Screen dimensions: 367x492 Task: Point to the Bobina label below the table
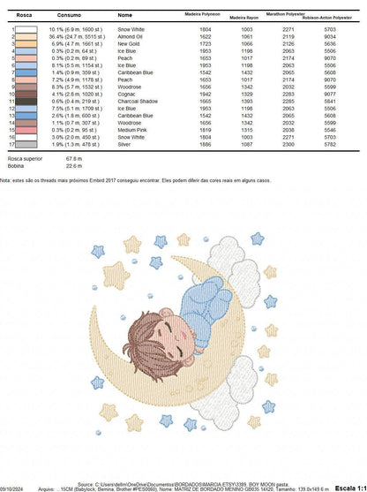pos(15,164)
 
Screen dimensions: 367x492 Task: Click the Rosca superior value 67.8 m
pos(74,158)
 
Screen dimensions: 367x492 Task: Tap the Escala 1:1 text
pos(348,487)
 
